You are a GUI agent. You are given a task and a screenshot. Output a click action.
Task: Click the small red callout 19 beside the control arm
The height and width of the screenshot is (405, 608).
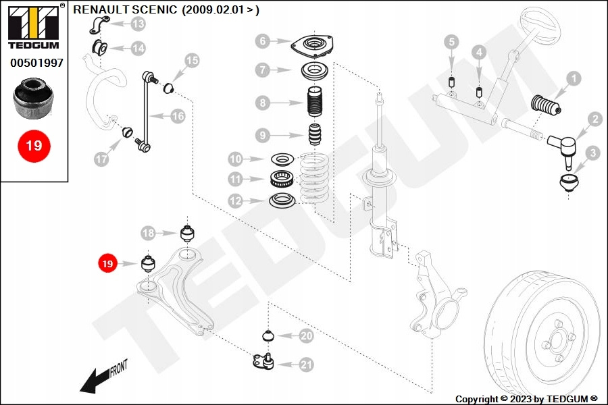(107, 263)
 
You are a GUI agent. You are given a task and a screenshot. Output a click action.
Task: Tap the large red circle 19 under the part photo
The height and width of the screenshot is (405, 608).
(34, 145)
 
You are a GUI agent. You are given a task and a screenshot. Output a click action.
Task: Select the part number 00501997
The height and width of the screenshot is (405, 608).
(36, 63)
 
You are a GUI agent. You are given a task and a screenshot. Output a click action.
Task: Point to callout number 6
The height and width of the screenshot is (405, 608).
(262, 41)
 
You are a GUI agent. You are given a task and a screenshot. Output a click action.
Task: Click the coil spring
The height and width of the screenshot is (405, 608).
(317, 181)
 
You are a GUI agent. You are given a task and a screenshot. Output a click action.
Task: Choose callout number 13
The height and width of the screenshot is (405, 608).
(138, 25)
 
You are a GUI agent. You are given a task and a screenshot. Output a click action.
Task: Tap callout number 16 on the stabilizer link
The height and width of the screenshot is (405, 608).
(177, 116)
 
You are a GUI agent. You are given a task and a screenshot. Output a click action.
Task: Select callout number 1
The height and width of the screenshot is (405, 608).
(573, 80)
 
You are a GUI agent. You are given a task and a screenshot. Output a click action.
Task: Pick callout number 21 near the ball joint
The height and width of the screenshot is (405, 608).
(306, 364)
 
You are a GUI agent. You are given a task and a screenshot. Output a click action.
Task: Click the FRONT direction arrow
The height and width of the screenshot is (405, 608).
(101, 377)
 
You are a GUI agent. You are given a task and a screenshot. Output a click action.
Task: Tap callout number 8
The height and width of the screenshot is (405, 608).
(262, 103)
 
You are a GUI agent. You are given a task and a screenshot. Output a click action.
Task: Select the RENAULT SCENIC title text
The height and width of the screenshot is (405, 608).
(165, 10)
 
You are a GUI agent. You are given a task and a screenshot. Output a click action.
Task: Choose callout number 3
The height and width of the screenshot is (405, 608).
(592, 153)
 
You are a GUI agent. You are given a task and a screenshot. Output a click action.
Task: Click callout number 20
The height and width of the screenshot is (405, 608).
(306, 335)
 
